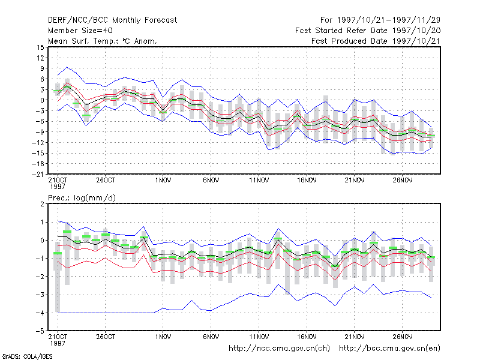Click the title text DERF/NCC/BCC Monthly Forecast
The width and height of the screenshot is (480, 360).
(112, 20)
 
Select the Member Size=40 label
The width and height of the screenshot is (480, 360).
(80, 31)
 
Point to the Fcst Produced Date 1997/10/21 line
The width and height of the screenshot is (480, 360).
(376, 41)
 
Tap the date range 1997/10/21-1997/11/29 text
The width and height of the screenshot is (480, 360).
(380, 20)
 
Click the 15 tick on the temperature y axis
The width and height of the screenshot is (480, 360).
(40, 47)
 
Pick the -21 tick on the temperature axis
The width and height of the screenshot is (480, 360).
(38, 175)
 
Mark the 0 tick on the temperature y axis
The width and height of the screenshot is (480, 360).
(42, 100)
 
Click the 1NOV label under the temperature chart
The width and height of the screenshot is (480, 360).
(163, 180)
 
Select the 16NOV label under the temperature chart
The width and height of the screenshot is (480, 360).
(307, 180)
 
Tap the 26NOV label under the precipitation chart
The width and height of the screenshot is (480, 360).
(402, 337)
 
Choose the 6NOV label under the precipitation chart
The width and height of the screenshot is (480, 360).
(211, 337)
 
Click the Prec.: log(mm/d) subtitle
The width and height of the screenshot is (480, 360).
(82, 198)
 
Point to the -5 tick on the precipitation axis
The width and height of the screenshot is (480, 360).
(40, 331)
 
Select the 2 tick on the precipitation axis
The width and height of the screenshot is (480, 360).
(42, 204)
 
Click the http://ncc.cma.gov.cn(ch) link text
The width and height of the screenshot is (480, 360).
(279, 349)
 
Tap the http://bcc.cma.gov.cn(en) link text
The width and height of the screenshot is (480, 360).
(389, 349)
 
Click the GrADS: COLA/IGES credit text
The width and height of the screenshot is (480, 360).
(27, 356)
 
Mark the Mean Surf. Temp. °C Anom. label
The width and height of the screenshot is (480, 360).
(103, 41)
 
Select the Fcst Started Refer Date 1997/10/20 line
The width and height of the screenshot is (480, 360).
(368, 31)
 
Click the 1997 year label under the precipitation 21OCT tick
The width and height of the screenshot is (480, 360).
(58, 343)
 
